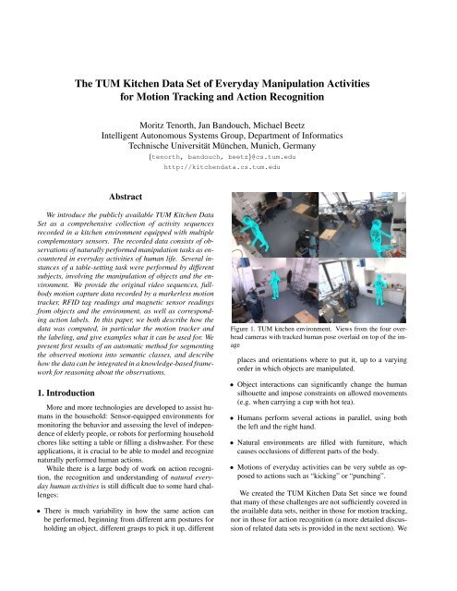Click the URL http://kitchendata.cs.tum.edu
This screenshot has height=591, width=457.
click(x=228, y=168)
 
